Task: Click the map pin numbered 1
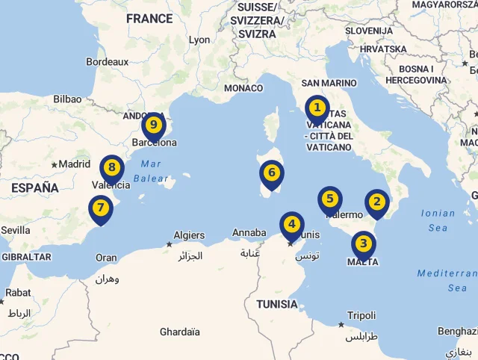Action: click(317, 109)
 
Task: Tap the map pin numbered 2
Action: click(376, 202)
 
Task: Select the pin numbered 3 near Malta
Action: click(363, 243)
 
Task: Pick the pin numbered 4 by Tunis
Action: click(291, 224)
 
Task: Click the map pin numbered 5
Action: click(329, 199)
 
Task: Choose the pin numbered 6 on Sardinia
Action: click(272, 174)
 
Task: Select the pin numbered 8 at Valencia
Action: click(111, 168)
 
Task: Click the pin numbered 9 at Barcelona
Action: click(153, 125)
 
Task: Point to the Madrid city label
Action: click(74, 164)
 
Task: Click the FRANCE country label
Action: click(149, 19)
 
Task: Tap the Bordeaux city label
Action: click(108, 62)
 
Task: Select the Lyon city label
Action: click(199, 40)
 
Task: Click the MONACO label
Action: click(243, 88)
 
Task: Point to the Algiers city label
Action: click(189, 235)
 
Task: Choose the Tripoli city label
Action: click(361, 315)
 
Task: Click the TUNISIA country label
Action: click(276, 304)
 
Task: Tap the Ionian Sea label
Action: click(438, 220)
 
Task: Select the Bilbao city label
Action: click(67, 99)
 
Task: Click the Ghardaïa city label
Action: click(179, 332)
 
